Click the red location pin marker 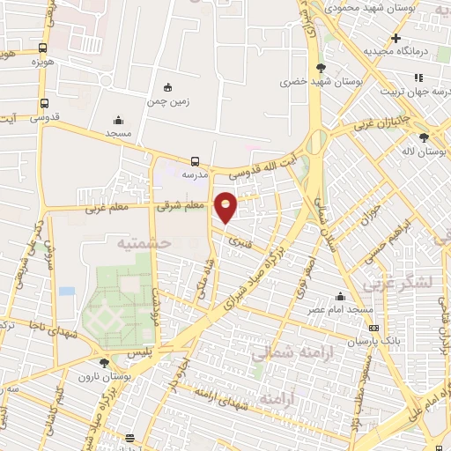(x=226, y=206)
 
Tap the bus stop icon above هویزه (x=42, y=49)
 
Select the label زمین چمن (x=167, y=101)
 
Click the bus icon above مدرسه (x=195, y=161)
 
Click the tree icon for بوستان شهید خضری (x=321, y=68)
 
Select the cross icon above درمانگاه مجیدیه (x=396, y=38)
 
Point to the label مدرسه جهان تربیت (x=405, y=91)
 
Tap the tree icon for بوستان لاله (x=424, y=137)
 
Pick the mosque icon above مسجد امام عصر (x=340, y=296)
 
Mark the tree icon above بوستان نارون (x=104, y=362)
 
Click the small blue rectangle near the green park (x=67, y=291)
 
